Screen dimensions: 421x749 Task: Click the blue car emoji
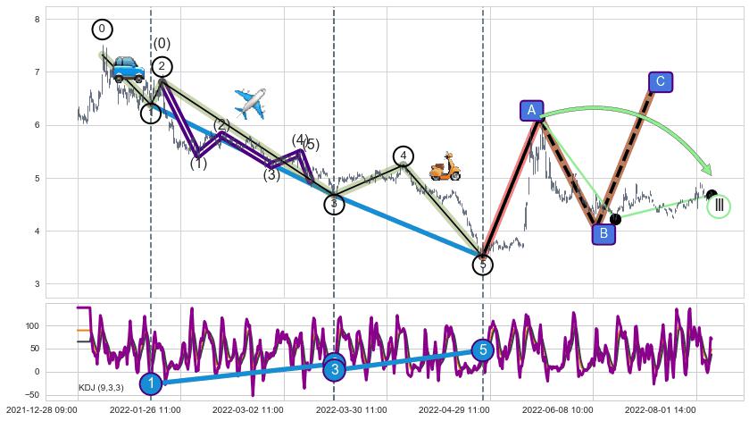(x=128, y=69)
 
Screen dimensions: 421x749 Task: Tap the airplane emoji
(x=251, y=104)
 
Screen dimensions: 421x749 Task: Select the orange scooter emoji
(x=445, y=167)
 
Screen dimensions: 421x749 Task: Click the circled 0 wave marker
(x=102, y=29)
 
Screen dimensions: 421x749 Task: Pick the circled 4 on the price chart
(x=404, y=156)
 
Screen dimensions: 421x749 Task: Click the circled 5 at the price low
(x=483, y=265)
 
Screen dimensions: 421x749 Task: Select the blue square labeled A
(x=532, y=110)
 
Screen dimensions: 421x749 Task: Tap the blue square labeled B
(x=604, y=234)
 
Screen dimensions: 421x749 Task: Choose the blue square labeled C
(x=660, y=82)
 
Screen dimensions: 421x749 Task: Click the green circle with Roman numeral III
(x=719, y=206)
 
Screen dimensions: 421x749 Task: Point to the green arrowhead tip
(x=711, y=174)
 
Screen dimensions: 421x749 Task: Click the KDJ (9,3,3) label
(x=101, y=387)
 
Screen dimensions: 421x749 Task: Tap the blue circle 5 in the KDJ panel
(x=483, y=349)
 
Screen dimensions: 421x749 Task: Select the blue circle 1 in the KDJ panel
(x=151, y=383)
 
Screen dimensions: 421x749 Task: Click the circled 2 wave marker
(x=162, y=66)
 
